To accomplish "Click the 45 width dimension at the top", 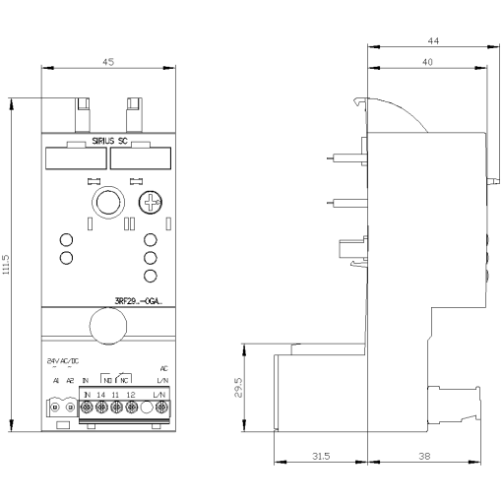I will pyautogui.click(x=108, y=61).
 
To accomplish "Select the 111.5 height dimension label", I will pyautogui.click(x=8, y=265).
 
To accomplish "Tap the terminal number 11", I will pyautogui.click(x=115, y=395).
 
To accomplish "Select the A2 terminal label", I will pyautogui.click(x=70, y=380).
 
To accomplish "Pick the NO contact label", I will pyautogui.click(x=107, y=380).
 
